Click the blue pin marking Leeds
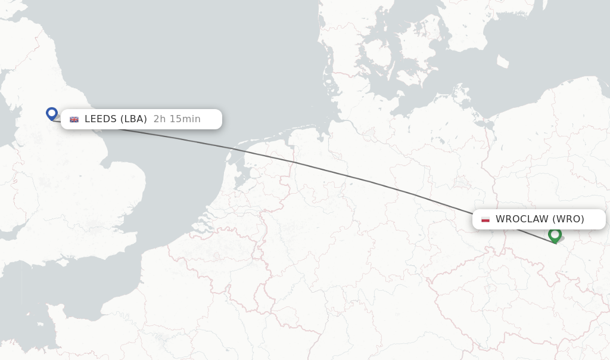[x=52, y=113]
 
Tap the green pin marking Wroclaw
[x=555, y=234]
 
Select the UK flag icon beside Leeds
[x=74, y=119]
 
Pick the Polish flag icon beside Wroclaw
[x=485, y=219]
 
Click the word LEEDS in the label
[x=101, y=119]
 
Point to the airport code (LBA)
[x=133, y=119]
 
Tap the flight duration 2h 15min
[x=177, y=119]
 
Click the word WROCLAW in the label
[x=522, y=219]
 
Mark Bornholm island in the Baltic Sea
[x=502, y=61]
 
